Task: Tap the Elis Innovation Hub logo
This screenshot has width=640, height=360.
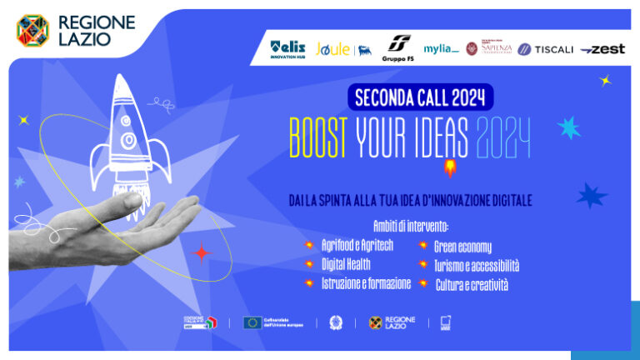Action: click(x=287, y=49)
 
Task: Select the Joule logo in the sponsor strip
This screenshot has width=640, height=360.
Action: click(x=333, y=49)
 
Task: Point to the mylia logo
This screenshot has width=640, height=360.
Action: click(x=441, y=49)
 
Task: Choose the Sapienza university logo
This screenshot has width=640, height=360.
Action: click(x=487, y=49)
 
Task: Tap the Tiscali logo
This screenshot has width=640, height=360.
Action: click(x=546, y=49)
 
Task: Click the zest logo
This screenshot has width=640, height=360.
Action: click(x=602, y=49)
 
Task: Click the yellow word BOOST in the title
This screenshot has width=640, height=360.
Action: click(x=317, y=137)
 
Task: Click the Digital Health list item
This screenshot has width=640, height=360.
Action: click(x=352, y=264)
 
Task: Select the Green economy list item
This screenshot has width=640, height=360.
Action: click(x=462, y=246)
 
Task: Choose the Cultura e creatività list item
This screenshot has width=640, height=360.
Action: click(x=471, y=284)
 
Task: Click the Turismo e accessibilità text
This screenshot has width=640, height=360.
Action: click(x=476, y=265)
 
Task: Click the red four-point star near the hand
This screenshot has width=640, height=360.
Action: click(x=201, y=252)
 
